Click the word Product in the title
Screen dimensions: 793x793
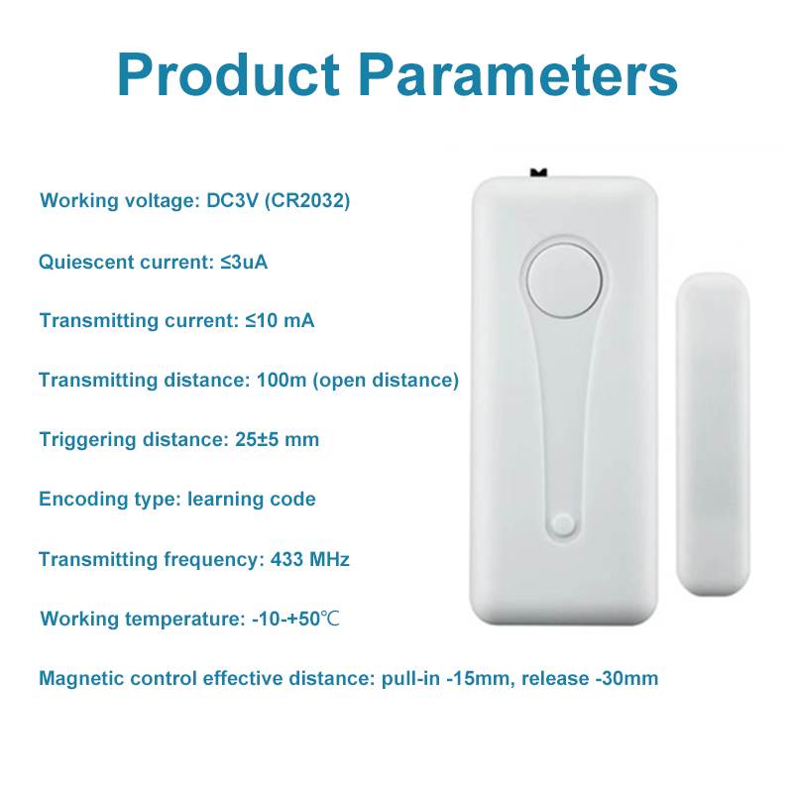[228, 74]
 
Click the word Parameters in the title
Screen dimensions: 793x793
[517, 74]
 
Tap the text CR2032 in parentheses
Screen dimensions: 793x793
[307, 201]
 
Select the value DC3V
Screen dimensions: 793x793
[233, 201]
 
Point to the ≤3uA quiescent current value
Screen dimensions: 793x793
[244, 262]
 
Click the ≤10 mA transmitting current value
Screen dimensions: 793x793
[280, 320]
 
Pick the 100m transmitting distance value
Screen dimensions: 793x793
[282, 380]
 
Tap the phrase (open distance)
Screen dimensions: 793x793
[386, 381]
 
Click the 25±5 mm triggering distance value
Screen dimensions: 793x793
[278, 439]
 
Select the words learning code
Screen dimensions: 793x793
[252, 500]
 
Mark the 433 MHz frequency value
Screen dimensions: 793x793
[310, 559]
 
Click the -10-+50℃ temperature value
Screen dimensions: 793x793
[295, 619]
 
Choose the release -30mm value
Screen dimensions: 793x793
[590, 679]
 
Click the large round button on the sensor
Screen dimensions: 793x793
[564, 281]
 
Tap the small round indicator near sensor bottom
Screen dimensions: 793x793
[563, 524]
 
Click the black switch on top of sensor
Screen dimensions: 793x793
[538, 173]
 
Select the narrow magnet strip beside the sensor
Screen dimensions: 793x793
[713, 433]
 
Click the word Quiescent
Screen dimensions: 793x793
[86, 262]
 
